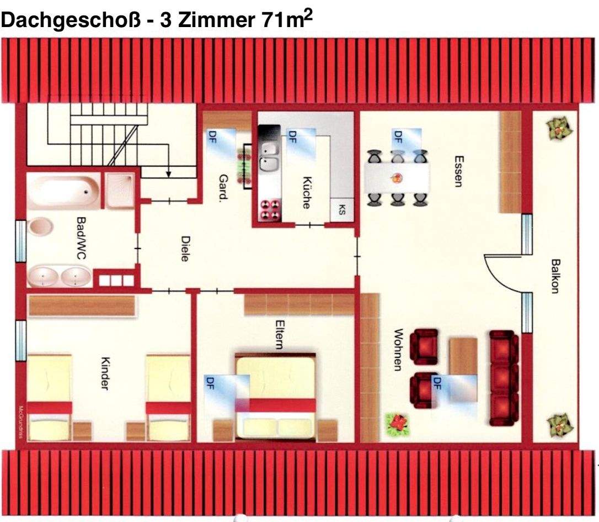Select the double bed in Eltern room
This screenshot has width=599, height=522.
pos(276,395)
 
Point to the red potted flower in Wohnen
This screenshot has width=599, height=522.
pos(395,425)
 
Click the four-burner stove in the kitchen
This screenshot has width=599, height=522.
pos(269,210)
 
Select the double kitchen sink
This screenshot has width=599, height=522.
pos(268,156)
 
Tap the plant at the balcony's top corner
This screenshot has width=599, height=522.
pos(556,129)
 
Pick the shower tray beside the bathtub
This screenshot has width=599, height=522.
pos(120,189)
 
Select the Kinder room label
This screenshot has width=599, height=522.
pos(105,373)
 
